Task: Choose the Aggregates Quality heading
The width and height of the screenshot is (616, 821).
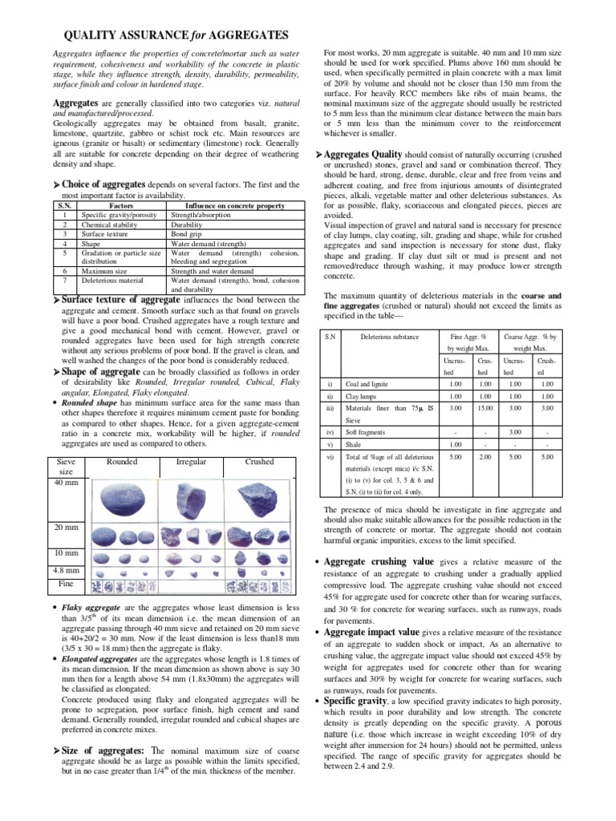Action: pyautogui.click(x=374, y=153)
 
